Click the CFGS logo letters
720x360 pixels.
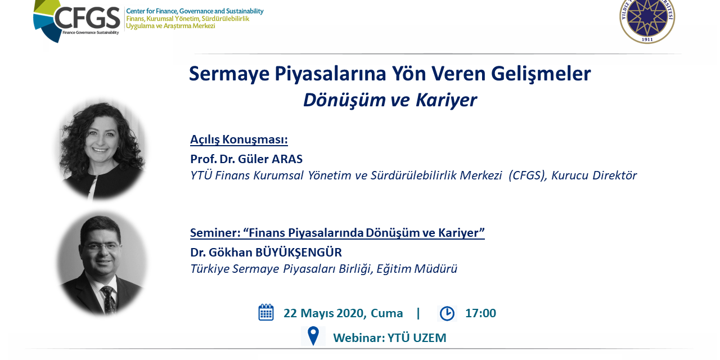pyautogui.click(x=87, y=18)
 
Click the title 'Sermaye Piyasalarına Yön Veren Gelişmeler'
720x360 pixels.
pyautogui.click(x=389, y=74)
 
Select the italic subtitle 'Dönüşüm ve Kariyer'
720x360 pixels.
pyautogui.click(x=389, y=100)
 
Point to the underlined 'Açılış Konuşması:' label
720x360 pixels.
pyautogui.click(x=238, y=139)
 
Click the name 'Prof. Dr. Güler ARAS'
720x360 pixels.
pyautogui.click(x=246, y=159)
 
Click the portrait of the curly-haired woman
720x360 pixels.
pyautogui.click(x=101, y=149)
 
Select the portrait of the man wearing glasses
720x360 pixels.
pyautogui.click(x=101, y=262)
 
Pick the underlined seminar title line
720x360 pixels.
pyautogui.click(x=337, y=232)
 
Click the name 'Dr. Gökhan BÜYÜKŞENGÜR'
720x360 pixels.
pyautogui.click(x=265, y=252)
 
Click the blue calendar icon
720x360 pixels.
pyautogui.click(x=266, y=313)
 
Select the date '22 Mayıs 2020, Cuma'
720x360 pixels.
pyautogui.click(x=343, y=313)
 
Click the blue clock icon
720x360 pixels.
pyautogui.click(x=447, y=313)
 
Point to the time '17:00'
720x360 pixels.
pyautogui.click(x=480, y=313)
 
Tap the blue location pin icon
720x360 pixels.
pyautogui.click(x=313, y=336)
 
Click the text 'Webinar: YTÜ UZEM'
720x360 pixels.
pyautogui.click(x=389, y=338)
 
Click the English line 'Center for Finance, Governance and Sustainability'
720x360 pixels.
pyautogui.click(x=195, y=11)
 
